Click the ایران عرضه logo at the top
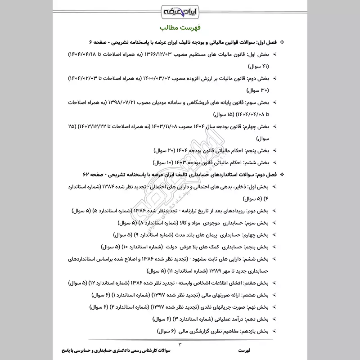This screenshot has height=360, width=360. (180, 9)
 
